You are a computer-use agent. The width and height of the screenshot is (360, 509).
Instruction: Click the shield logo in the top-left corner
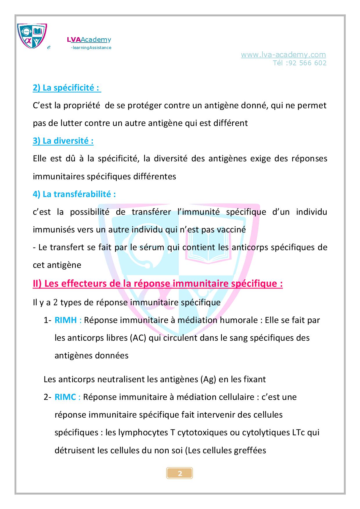pyautogui.click(x=32, y=36)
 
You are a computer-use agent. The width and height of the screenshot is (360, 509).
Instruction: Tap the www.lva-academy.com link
pyautogui.click(x=283, y=55)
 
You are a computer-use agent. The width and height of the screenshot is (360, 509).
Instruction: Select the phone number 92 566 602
pyautogui.click(x=307, y=63)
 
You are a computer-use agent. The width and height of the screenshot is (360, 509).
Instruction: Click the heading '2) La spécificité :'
pyautogui.click(x=67, y=88)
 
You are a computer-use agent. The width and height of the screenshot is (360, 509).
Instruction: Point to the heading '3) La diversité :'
pyautogui.click(x=63, y=141)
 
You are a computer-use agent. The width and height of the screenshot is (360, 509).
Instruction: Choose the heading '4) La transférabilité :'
pyautogui.click(x=74, y=194)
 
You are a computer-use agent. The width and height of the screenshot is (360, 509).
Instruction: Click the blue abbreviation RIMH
pyautogui.click(x=66, y=320)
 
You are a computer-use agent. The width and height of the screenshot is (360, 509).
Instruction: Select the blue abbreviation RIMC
pyautogui.click(x=65, y=397)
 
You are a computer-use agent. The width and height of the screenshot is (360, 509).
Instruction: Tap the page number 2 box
pyautogui.click(x=180, y=474)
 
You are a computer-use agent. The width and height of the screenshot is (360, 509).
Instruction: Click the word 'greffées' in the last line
pyautogui.click(x=250, y=450)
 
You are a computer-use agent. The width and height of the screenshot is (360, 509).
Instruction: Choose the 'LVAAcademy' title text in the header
pyautogui.click(x=89, y=40)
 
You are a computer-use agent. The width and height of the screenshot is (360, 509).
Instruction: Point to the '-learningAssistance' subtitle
pyautogui.click(x=91, y=48)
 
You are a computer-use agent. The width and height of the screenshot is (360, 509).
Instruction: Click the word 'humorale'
pyautogui.click(x=236, y=320)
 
